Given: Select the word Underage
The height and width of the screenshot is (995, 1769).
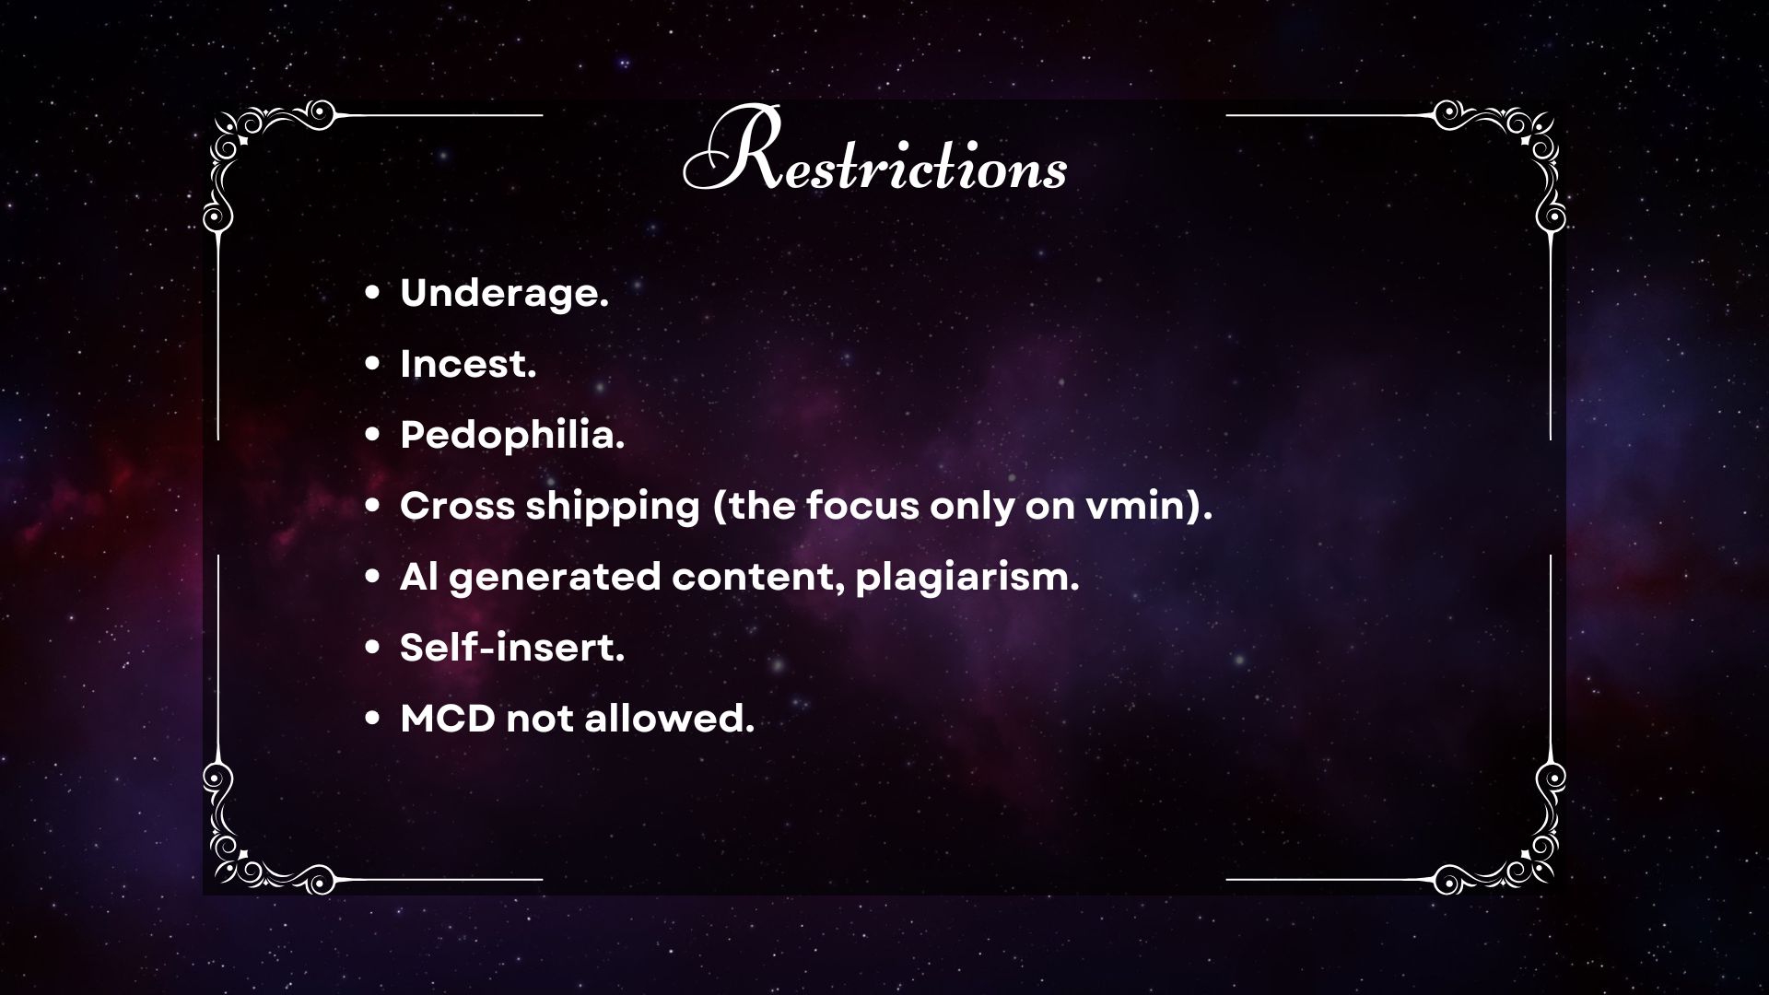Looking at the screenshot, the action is (505, 295).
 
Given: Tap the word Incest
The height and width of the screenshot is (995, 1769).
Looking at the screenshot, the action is (468, 365).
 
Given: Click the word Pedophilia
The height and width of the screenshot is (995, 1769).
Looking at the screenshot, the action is (512, 436).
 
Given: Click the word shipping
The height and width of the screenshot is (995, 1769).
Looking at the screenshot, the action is (614, 508).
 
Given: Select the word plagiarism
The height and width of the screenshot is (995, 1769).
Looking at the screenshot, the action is (967, 579).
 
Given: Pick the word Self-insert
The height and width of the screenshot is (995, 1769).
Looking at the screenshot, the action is (512, 648).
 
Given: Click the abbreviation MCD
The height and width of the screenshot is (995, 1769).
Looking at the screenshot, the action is (448, 719).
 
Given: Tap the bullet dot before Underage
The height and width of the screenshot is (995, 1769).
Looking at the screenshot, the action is (372, 295).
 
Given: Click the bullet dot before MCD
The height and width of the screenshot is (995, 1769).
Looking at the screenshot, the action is (372, 720).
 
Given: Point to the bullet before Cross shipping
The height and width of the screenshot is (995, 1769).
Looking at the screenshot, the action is (372, 507).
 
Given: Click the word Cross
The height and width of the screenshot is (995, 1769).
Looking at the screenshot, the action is (458, 506).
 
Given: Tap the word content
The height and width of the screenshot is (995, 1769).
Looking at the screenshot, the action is (758, 579).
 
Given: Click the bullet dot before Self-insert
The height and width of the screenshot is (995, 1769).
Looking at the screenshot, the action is (372, 649).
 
